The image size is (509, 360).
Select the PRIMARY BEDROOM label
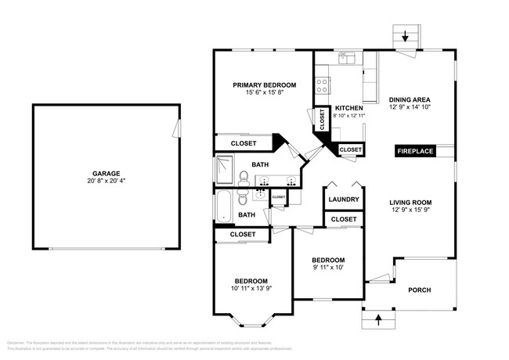tap(264, 85)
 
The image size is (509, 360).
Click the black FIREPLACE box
tap(414, 151)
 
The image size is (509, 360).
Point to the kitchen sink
tap(346, 58)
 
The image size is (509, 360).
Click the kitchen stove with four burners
tap(321, 87)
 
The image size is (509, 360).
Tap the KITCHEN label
tap(348, 108)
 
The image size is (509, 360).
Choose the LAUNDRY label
tap(344, 200)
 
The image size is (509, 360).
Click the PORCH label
tap(420, 290)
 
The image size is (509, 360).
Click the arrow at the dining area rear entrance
tap(406, 35)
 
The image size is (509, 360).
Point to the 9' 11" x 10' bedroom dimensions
tap(327, 268)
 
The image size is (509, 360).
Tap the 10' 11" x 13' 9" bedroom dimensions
tap(251, 289)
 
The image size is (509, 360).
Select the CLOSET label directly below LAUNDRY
tap(344, 220)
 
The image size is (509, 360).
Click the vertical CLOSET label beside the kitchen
tap(322, 119)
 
